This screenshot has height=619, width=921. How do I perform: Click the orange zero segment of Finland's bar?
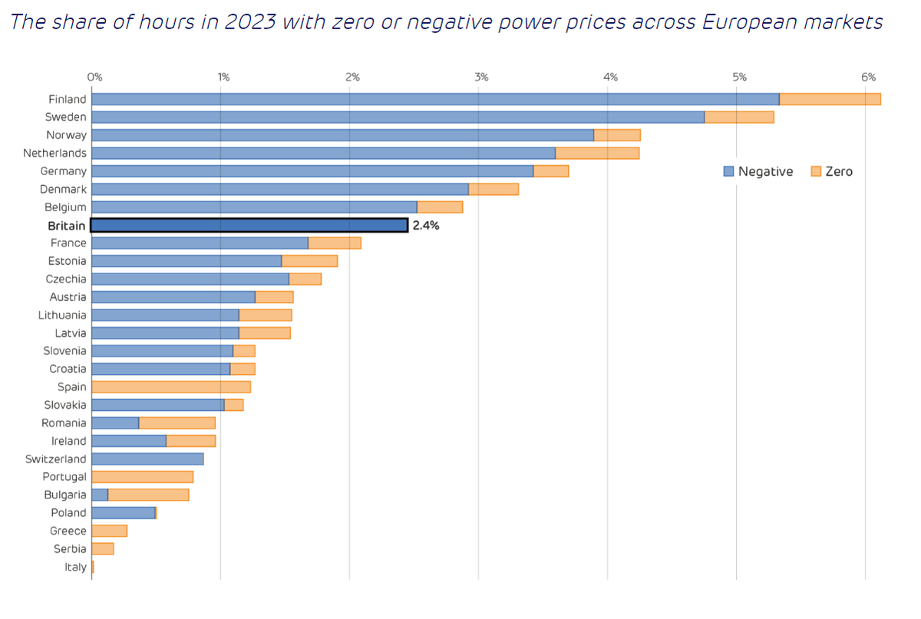pyautogui.click(x=830, y=99)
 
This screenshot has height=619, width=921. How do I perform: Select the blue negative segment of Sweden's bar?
pyautogui.click(x=398, y=117)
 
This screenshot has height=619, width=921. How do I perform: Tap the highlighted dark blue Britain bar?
pyautogui.click(x=249, y=225)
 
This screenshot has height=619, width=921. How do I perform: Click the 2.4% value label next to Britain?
pyautogui.click(x=426, y=226)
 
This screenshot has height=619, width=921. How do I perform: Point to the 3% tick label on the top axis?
pyautogui.click(x=481, y=77)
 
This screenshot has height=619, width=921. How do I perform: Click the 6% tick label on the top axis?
pyautogui.click(x=868, y=77)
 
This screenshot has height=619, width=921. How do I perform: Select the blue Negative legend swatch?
pyautogui.click(x=728, y=171)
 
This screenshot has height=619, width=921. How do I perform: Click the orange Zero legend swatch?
pyautogui.click(x=816, y=171)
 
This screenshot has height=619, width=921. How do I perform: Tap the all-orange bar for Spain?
pyautogui.click(x=170, y=387)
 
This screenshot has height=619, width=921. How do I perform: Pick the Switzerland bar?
pyautogui.click(x=147, y=458)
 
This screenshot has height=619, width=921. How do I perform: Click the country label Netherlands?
pyautogui.click(x=54, y=153)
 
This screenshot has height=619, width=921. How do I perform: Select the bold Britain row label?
pyautogui.click(x=67, y=226)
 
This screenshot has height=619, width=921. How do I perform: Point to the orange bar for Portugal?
pyautogui.click(x=142, y=477)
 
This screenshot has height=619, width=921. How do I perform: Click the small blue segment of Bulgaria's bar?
pyautogui.click(x=100, y=495)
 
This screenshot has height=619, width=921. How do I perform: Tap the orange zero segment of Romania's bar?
pyautogui.click(x=177, y=423)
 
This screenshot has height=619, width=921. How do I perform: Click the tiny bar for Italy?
pyautogui.click(x=93, y=567)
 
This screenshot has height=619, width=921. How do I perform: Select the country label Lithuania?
pyautogui.click(x=62, y=315)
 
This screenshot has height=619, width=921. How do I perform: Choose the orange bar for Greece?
pyautogui.click(x=109, y=531)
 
